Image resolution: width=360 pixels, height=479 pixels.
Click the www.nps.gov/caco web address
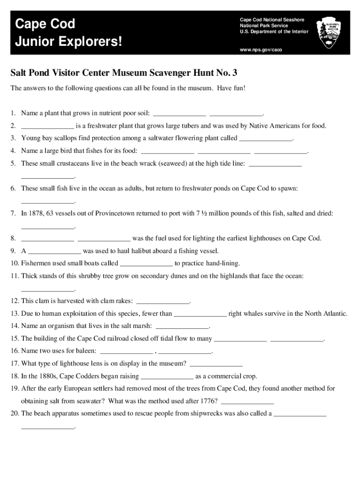[261, 49]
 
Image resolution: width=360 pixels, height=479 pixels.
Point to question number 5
[14, 163]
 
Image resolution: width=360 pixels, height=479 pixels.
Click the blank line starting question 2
[47, 126]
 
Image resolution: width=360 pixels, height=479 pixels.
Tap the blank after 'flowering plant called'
[265, 138]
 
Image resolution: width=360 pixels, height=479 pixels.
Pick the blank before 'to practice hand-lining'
[146, 263]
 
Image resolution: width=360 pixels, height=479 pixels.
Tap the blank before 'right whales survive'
[200, 313]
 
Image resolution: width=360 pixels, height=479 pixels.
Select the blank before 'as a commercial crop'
[167, 376]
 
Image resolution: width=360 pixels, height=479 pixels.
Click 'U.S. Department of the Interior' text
[274, 31]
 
